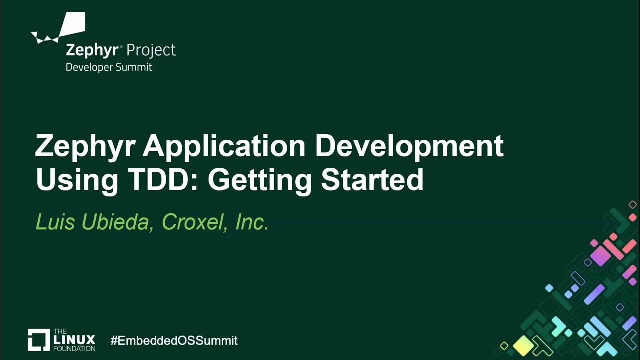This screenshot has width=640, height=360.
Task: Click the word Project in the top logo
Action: [151, 50]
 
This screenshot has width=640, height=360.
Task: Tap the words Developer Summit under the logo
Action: [109, 67]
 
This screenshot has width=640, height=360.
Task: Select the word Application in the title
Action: [224, 147]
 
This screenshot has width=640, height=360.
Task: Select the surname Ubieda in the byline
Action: [118, 222]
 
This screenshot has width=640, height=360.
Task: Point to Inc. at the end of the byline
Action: [252, 222]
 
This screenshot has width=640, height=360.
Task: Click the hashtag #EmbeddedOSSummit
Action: [174, 341]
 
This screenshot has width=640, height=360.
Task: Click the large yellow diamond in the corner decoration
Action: [523, 344]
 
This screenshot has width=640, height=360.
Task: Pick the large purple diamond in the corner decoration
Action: [600, 256]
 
